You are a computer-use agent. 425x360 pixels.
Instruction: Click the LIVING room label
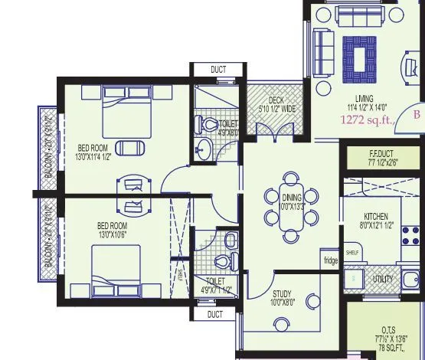(x=364, y=98)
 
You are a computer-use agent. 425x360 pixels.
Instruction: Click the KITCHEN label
(x=376, y=216)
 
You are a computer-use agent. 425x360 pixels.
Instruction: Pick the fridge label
(x=330, y=260)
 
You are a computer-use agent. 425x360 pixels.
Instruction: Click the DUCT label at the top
(x=218, y=70)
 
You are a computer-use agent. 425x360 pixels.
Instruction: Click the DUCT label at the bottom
(x=215, y=314)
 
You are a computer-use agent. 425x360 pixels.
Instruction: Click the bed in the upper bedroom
(x=126, y=110)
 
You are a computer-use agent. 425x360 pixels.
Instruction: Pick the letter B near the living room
(x=417, y=114)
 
